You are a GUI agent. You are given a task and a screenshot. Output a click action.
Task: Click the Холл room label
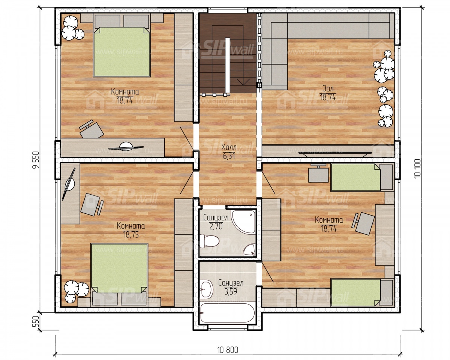click(229, 147)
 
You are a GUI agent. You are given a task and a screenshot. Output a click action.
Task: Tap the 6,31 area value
click(229, 156)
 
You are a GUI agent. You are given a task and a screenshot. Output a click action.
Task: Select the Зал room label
click(328, 88)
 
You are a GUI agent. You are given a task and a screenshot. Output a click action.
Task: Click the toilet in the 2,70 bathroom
click(209, 241)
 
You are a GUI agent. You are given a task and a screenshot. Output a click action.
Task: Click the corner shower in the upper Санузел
click(244, 222)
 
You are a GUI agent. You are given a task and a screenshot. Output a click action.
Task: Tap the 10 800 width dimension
click(228, 350)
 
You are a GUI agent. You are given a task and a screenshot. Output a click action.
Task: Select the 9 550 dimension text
click(36, 160)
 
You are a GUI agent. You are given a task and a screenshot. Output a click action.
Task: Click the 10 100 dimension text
click(417, 169)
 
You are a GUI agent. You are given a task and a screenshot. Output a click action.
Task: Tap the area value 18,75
click(131, 235)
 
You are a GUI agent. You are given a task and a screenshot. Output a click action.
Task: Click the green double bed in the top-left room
click(122, 52)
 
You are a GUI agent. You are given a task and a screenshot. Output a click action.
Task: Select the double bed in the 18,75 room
click(120, 268)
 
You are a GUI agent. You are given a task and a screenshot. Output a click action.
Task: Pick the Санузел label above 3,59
click(231, 283)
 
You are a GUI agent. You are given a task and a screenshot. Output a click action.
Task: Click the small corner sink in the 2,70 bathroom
click(249, 250)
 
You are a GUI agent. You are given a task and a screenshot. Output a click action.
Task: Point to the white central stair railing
click(228, 65)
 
